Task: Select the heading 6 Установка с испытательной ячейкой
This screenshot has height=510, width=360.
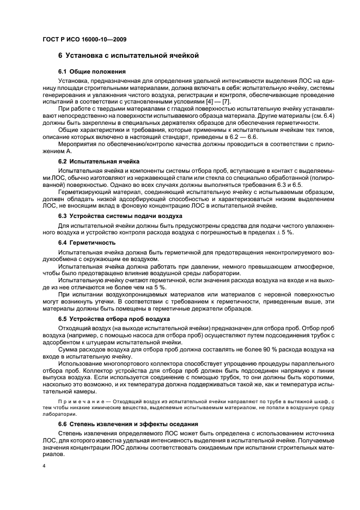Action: (128, 55)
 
